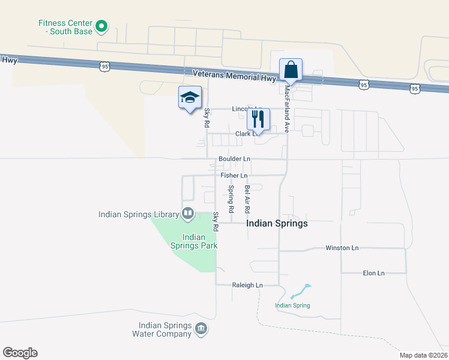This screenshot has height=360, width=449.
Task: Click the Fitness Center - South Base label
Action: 65,27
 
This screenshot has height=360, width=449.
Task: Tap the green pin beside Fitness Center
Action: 101,26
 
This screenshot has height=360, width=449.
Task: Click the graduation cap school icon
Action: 189,97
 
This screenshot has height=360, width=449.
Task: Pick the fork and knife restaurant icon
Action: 258,119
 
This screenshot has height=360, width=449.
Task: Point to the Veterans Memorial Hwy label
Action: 234,76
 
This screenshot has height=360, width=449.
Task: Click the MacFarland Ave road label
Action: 287,109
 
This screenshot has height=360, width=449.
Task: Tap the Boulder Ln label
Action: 234,159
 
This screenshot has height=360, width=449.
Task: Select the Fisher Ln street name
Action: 234,175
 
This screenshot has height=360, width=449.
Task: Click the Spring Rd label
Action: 231,196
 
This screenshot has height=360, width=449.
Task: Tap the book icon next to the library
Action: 188,214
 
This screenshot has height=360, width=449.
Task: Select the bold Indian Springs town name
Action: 277,223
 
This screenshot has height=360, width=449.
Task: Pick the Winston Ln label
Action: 342,248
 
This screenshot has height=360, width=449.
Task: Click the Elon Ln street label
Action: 373,273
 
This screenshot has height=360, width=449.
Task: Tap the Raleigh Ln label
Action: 247,285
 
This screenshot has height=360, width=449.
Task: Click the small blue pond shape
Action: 301,291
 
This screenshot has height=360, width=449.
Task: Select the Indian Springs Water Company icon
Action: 201,328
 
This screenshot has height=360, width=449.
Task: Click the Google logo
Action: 20,353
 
